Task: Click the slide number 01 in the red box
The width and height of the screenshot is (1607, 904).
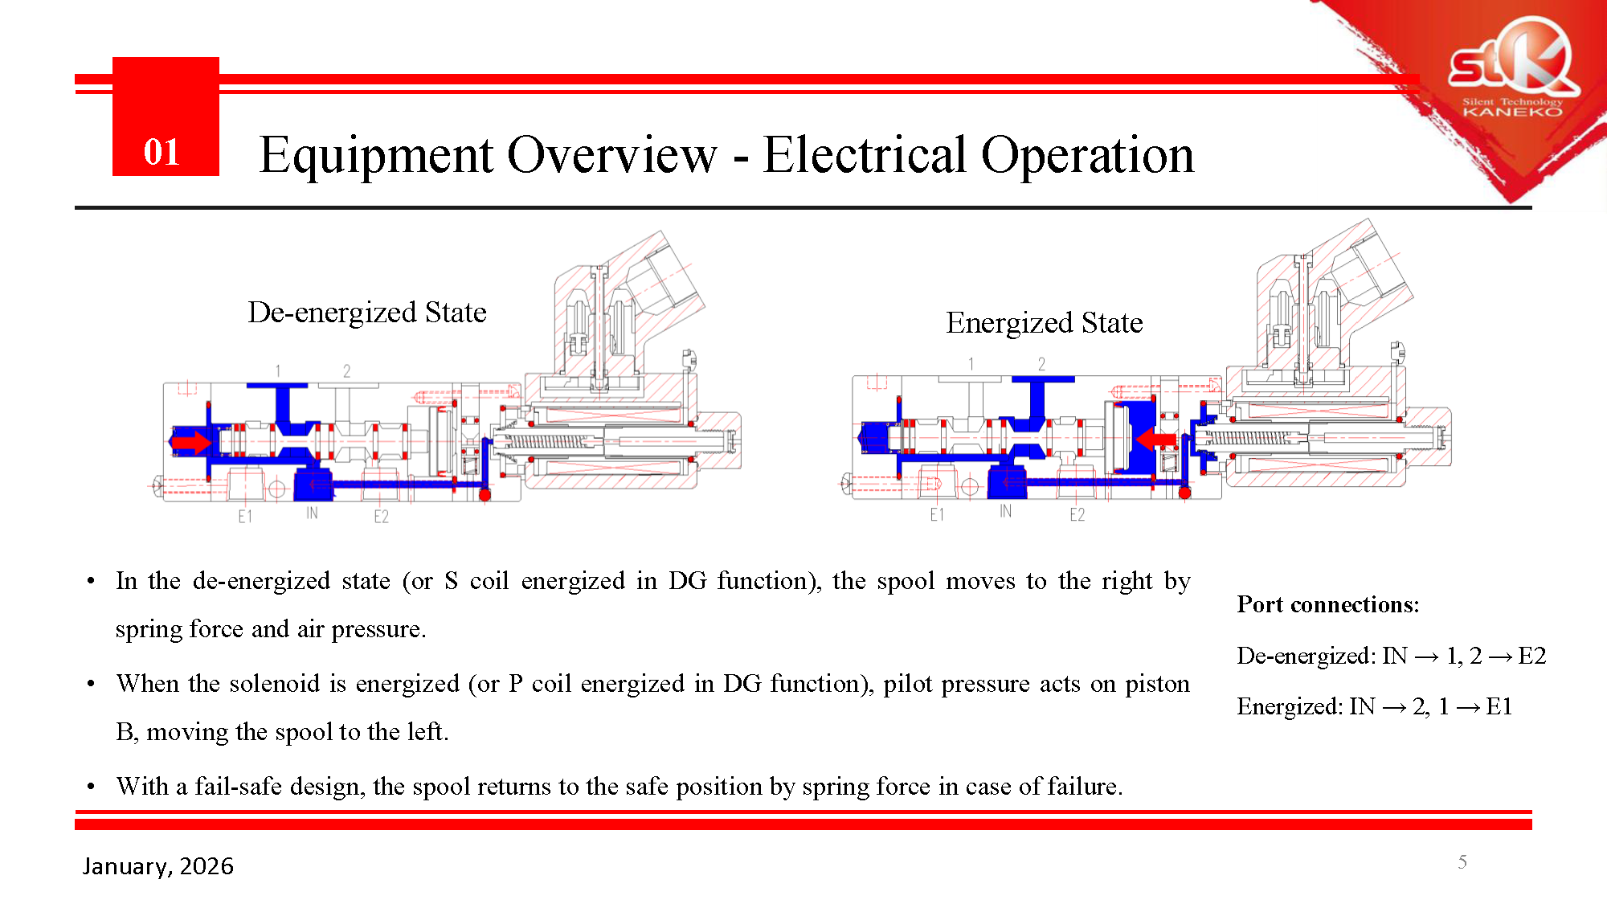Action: pyautogui.click(x=162, y=152)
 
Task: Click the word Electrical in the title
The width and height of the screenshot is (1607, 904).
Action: pyautogui.click(x=865, y=154)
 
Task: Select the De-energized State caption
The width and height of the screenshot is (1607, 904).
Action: pyautogui.click(x=366, y=312)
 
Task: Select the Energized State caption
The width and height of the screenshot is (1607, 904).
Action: pyautogui.click(x=1044, y=322)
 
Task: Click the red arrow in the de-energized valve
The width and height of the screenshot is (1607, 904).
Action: pyautogui.click(x=190, y=441)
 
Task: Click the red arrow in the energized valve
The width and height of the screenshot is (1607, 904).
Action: pyautogui.click(x=1157, y=439)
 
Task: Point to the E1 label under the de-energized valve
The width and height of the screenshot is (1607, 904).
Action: pyautogui.click(x=245, y=517)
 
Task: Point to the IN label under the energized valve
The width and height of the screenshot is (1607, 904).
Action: pyautogui.click(x=1005, y=511)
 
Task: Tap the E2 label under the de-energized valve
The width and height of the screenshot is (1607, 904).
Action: pyautogui.click(x=381, y=517)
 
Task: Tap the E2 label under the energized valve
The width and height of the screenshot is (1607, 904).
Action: pyautogui.click(x=1077, y=514)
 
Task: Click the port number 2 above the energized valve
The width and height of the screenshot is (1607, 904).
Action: pyautogui.click(x=1041, y=364)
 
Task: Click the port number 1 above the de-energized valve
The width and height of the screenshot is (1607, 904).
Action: pyautogui.click(x=278, y=371)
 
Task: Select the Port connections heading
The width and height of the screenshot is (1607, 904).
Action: pyautogui.click(x=1327, y=604)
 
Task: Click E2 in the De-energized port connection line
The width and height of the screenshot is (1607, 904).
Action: pyautogui.click(x=1531, y=656)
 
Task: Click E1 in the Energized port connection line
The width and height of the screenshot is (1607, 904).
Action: pyautogui.click(x=1499, y=706)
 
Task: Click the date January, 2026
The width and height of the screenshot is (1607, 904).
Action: pyautogui.click(x=158, y=865)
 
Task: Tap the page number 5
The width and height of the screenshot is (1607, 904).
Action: pyautogui.click(x=1462, y=862)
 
